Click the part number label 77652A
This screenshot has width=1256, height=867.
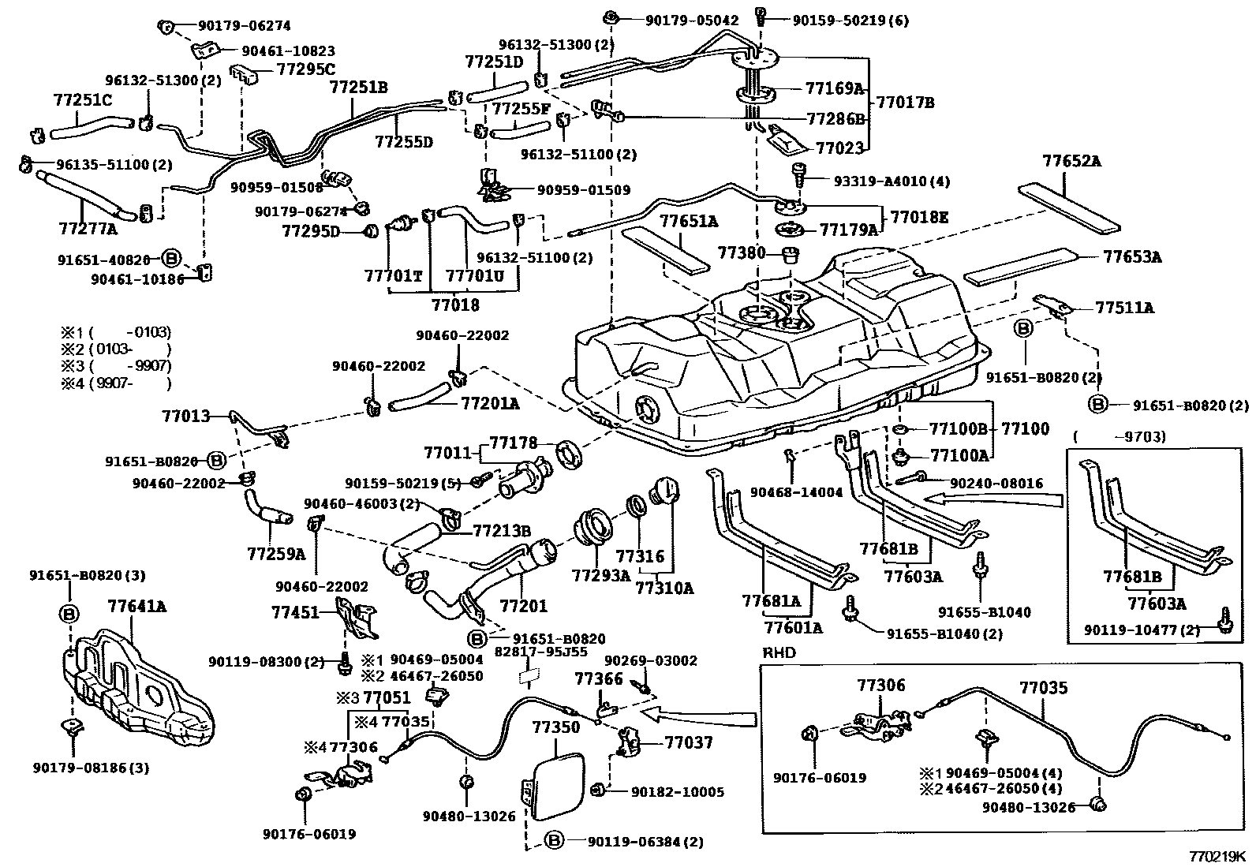(1071, 162)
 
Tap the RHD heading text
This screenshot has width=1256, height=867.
(779, 652)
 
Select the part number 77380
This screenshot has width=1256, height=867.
(741, 252)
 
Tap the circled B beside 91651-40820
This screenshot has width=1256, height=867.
(171, 257)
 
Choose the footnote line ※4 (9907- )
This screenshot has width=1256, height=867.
(116, 383)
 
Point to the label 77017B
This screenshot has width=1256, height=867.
(905, 103)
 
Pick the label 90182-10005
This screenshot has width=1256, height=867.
(673, 791)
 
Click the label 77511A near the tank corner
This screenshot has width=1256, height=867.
(1123, 308)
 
